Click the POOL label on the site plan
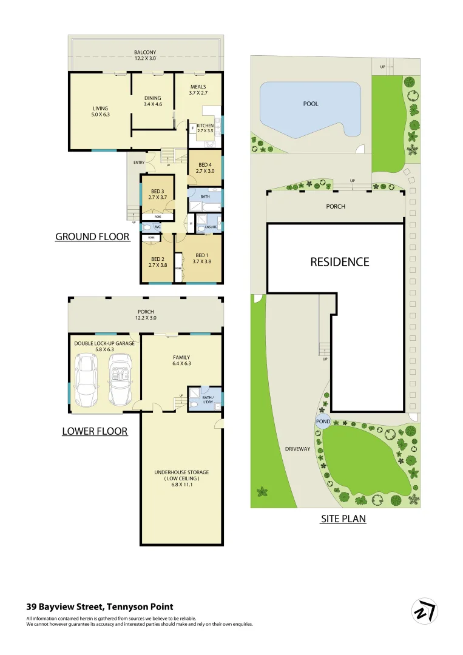coord(311,104)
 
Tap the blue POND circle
coord(322,422)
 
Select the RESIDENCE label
coord(339,262)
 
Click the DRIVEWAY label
coord(297,449)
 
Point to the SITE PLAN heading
coord(343,519)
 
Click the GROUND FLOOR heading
coord(92,237)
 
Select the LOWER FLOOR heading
coord(95,431)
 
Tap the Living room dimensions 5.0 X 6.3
coord(100,115)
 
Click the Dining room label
coord(152,98)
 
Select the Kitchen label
coord(205,125)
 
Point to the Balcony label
coord(145,52)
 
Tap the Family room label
coord(181,357)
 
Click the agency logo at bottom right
coord(424,611)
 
